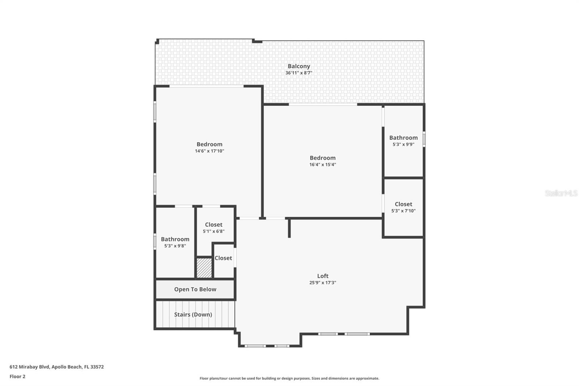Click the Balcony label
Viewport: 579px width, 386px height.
(299, 66)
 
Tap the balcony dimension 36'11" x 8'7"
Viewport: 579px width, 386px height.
(299, 73)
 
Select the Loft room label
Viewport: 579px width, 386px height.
(323, 276)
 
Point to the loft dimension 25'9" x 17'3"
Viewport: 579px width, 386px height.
(323, 282)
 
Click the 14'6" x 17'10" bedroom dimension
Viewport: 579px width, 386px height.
(210, 151)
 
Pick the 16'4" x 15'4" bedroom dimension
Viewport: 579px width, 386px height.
(322, 164)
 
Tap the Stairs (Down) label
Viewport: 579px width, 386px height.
(193, 315)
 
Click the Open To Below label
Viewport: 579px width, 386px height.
(195, 289)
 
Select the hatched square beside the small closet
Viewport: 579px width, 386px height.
(204, 268)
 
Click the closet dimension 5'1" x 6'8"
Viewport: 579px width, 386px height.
(214, 231)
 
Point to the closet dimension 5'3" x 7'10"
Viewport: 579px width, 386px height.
(403, 211)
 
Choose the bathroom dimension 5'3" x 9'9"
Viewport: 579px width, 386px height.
(403, 144)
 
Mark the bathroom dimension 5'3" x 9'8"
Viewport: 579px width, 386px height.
(175, 246)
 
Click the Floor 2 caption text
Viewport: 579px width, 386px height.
(18, 377)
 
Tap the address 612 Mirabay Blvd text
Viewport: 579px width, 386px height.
(29, 367)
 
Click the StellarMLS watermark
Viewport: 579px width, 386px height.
(561, 193)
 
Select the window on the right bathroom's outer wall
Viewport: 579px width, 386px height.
(424, 139)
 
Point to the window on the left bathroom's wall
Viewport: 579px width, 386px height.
(155, 242)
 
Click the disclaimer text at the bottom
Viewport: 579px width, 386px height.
(289, 378)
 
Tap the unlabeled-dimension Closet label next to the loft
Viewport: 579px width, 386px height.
(223, 258)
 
